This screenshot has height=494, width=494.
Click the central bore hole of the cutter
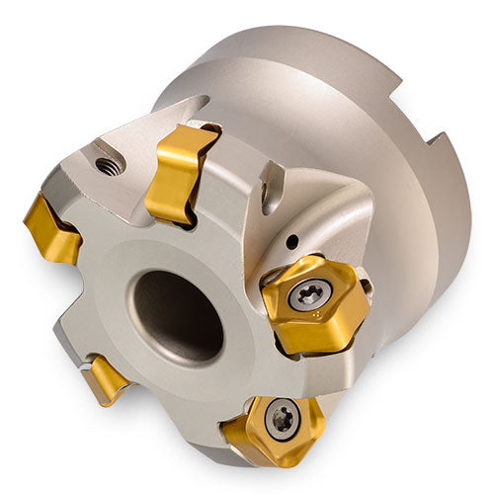point(178,315)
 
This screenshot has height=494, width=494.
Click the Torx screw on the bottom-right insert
point(283,418)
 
